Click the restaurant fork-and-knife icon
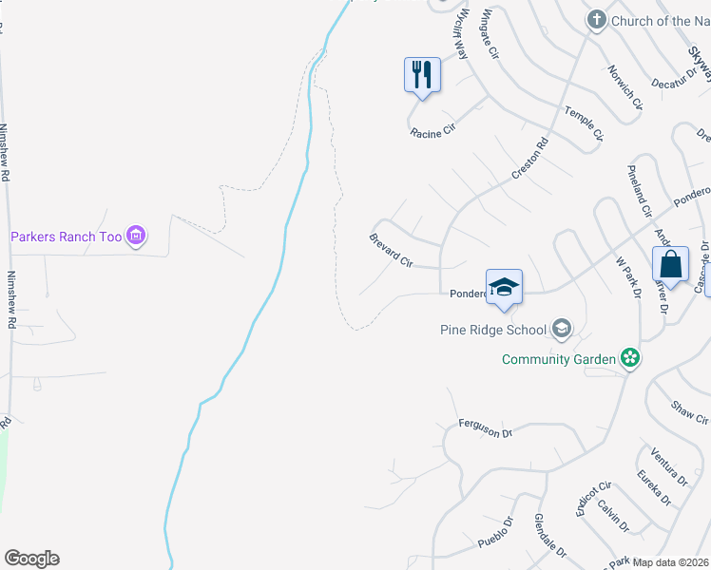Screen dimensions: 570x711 tap(423, 74)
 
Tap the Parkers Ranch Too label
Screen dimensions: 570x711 tap(67, 237)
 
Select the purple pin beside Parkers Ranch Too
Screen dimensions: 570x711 tap(135, 236)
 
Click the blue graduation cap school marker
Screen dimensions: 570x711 tap(504, 286)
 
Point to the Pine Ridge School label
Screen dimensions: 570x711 tap(493, 330)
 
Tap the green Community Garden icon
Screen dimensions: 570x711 tap(628, 358)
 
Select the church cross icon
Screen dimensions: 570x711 tap(597, 20)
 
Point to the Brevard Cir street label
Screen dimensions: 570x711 tap(391, 249)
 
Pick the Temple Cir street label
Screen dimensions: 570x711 tap(584, 124)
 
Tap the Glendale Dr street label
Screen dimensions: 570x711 tap(549, 537)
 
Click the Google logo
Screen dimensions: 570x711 tap(31, 559)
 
